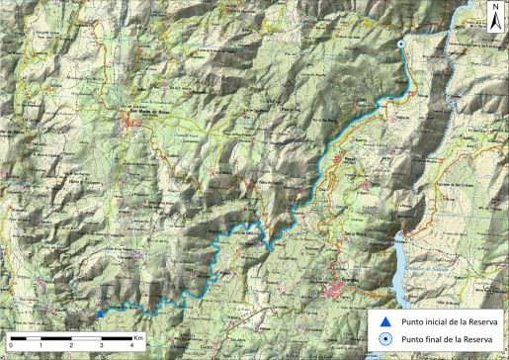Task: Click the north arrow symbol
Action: tap(495, 19)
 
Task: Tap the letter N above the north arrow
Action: tap(495, 6)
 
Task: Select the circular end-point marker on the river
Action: tap(400, 45)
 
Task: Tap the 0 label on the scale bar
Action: tap(10, 347)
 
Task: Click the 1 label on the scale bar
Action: tap(41, 347)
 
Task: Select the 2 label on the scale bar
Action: tap(71, 347)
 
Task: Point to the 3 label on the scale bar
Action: tap(102, 347)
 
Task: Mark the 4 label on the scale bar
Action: tap(132, 347)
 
